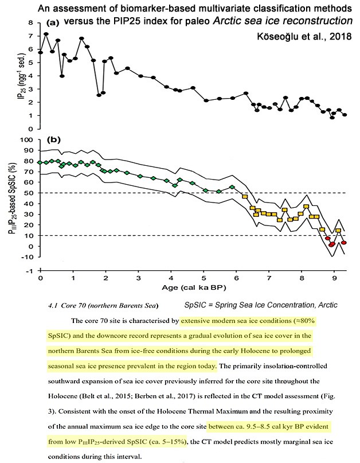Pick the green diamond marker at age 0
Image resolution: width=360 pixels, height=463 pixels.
(40, 162)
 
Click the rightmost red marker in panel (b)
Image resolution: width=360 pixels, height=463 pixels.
(344, 243)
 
